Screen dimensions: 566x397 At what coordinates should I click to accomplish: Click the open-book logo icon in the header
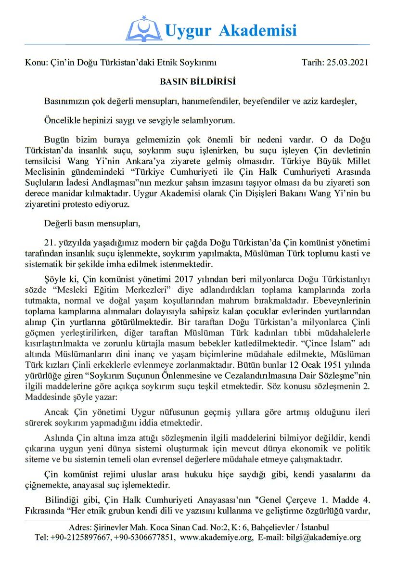tap(143, 29)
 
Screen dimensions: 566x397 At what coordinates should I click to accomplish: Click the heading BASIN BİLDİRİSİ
tap(198, 82)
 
